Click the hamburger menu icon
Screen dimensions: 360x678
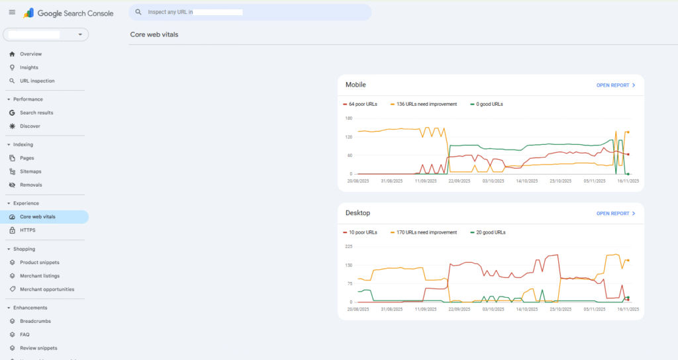tap(12, 13)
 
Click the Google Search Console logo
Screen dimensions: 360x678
tap(68, 13)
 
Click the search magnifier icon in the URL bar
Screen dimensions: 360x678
tap(139, 13)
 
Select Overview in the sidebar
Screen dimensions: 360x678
tap(30, 54)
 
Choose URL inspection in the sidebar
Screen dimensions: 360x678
tap(37, 81)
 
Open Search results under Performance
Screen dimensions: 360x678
tap(36, 113)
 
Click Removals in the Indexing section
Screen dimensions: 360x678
tap(31, 185)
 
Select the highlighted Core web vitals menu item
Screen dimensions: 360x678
tap(38, 217)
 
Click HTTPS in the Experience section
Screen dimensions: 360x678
tap(27, 230)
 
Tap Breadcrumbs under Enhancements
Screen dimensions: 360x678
tap(35, 322)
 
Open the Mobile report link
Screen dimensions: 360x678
tap(616, 85)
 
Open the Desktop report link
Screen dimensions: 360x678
tap(616, 214)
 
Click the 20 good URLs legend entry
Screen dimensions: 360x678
tap(490, 232)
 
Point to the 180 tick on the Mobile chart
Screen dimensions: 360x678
tap(348, 118)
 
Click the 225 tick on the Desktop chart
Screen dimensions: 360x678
tap(348, 246)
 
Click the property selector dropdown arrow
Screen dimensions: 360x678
tap(80, 34)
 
